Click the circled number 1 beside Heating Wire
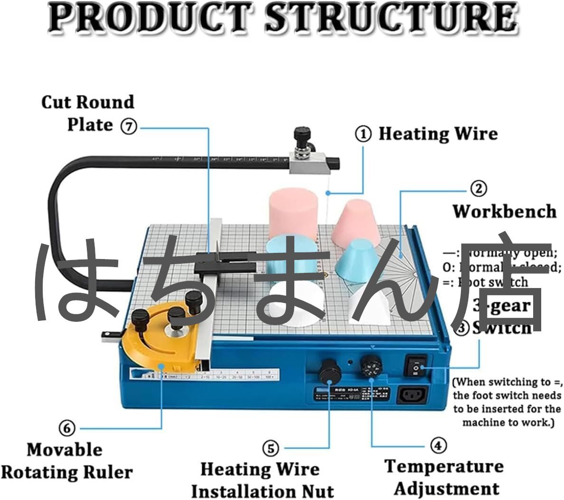364,134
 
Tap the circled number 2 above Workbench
478,189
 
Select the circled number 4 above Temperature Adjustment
438,445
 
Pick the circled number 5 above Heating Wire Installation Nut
271,448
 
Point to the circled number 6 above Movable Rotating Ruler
66,428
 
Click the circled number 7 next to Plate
128,126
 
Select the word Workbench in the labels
504,211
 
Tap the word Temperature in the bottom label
444,466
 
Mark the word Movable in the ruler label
64,450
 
